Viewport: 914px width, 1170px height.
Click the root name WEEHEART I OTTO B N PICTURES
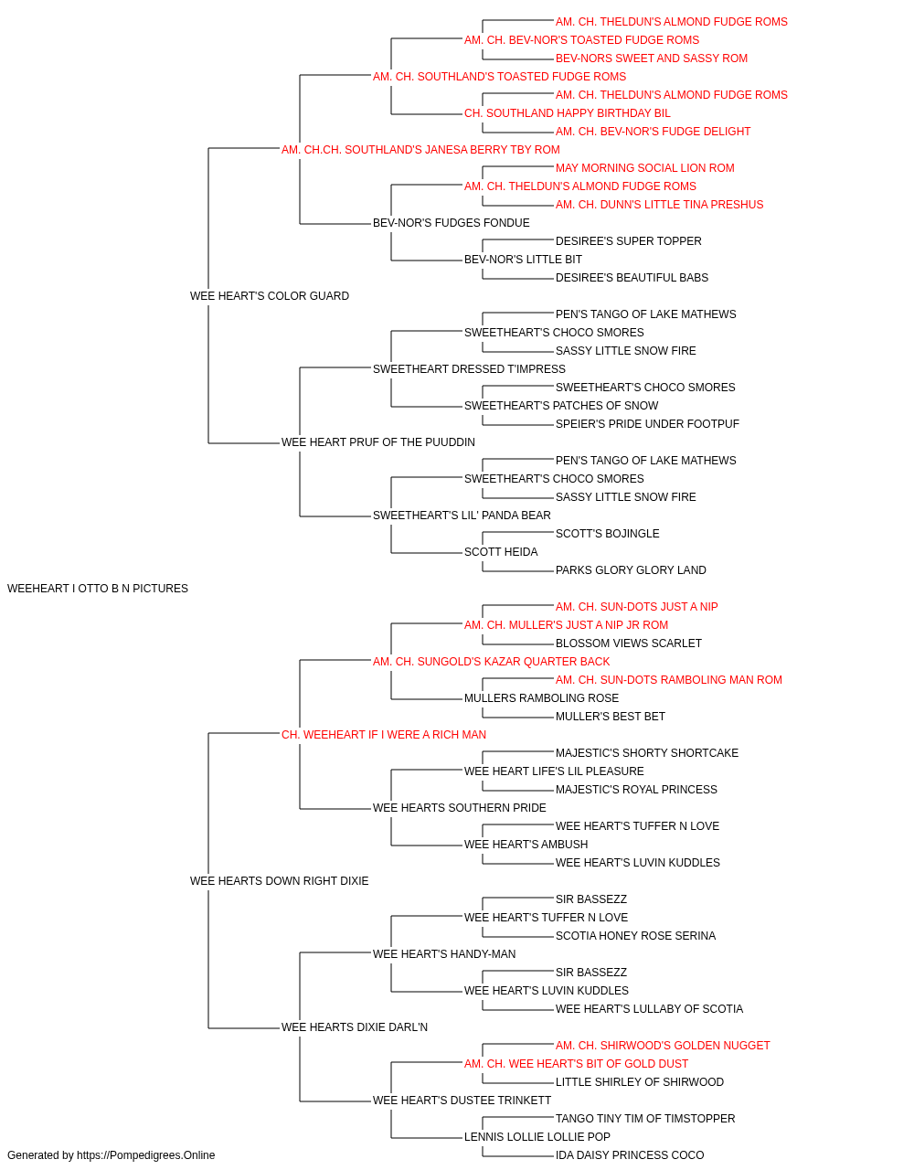[98, 589]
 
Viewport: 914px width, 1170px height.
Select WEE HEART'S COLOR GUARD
[269, 296]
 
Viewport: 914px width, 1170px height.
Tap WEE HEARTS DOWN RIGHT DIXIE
[279, 881]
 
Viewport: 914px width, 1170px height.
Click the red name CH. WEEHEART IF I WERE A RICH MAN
[383, 735]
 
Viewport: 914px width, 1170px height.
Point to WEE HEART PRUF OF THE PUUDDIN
[377, 442]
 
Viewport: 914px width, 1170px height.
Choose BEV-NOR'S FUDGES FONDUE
[452, 223]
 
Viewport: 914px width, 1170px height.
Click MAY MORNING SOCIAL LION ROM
[645, 168]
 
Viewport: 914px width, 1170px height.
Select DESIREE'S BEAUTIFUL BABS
[632, 278]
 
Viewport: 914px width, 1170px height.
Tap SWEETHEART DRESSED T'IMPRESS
[469, 369]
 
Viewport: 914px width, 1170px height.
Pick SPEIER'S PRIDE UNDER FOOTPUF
[647, 424]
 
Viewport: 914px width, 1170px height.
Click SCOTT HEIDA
[501, 552]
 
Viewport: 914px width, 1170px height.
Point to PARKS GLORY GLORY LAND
[631, 570]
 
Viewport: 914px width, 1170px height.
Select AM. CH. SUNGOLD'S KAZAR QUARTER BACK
[491, 662]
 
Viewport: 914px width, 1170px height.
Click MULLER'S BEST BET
[611, 717]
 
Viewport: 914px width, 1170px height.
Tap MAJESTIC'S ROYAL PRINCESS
[636, 790]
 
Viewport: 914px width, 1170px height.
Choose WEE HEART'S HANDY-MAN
[444, 954]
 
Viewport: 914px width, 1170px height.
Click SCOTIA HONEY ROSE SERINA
[636, 936]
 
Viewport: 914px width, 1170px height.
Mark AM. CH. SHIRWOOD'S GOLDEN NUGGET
[663, 1046]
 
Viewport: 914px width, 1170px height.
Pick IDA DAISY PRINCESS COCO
[630, 1155]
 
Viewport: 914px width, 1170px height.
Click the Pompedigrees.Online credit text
[111, 1155]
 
